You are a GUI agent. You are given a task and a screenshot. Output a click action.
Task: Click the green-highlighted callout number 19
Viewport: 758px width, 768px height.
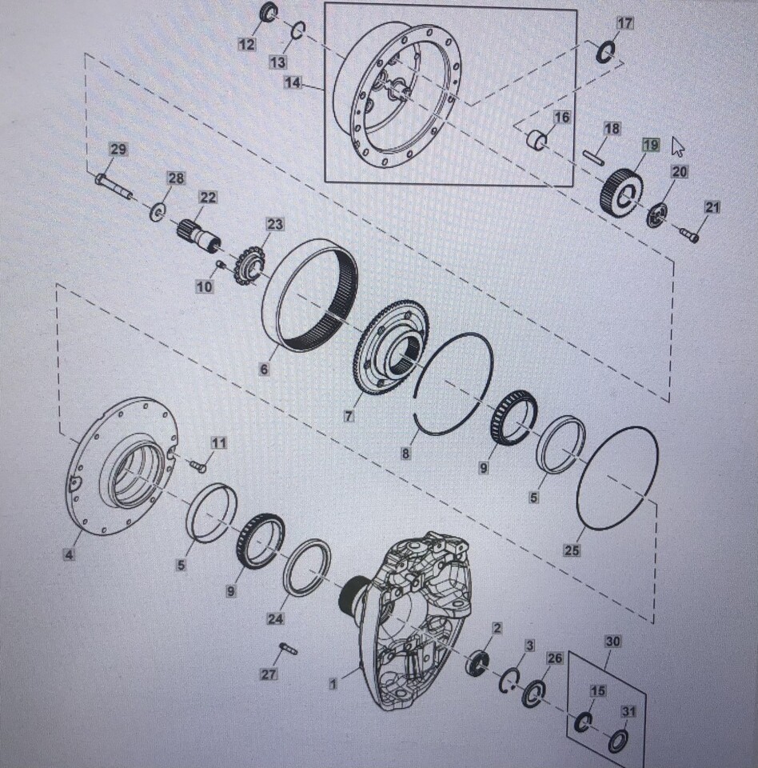tap(651, 146)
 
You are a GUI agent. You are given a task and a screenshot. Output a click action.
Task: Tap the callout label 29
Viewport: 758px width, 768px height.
tap(118, 150)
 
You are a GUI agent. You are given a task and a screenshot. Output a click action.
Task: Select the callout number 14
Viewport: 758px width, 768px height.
tap(293, 82)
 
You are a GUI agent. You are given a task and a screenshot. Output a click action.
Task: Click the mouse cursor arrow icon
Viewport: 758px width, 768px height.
tap(678, 146)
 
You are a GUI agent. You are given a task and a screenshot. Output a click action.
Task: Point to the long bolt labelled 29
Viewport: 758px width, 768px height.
tap(114, 186)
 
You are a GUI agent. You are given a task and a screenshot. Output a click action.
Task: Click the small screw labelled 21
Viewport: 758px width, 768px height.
tap(688, 234)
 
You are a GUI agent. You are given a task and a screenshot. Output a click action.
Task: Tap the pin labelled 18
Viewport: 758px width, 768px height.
tap(593, 157)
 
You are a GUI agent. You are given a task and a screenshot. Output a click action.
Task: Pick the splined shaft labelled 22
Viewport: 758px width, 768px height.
tap(197, 234)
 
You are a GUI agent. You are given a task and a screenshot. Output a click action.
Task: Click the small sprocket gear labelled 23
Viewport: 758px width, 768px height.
tap(251, 269)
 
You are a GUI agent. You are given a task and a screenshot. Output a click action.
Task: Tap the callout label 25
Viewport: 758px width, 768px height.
tap(572, 550)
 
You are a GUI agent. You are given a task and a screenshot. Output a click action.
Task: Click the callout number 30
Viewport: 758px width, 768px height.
tap(612, 641)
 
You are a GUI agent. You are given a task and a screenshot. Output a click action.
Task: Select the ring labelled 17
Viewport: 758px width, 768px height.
tap(606, 52)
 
